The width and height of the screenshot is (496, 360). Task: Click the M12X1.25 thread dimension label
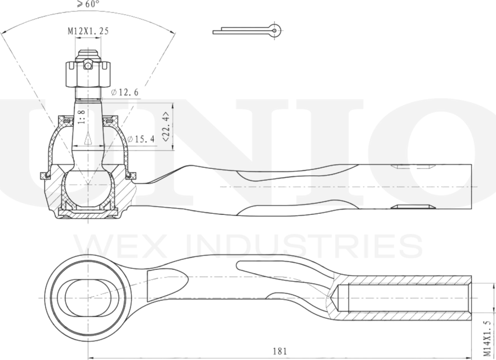88,31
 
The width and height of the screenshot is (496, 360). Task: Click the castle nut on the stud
87,74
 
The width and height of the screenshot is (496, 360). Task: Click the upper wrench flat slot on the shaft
412,167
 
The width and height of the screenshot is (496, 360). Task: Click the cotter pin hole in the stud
87,65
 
